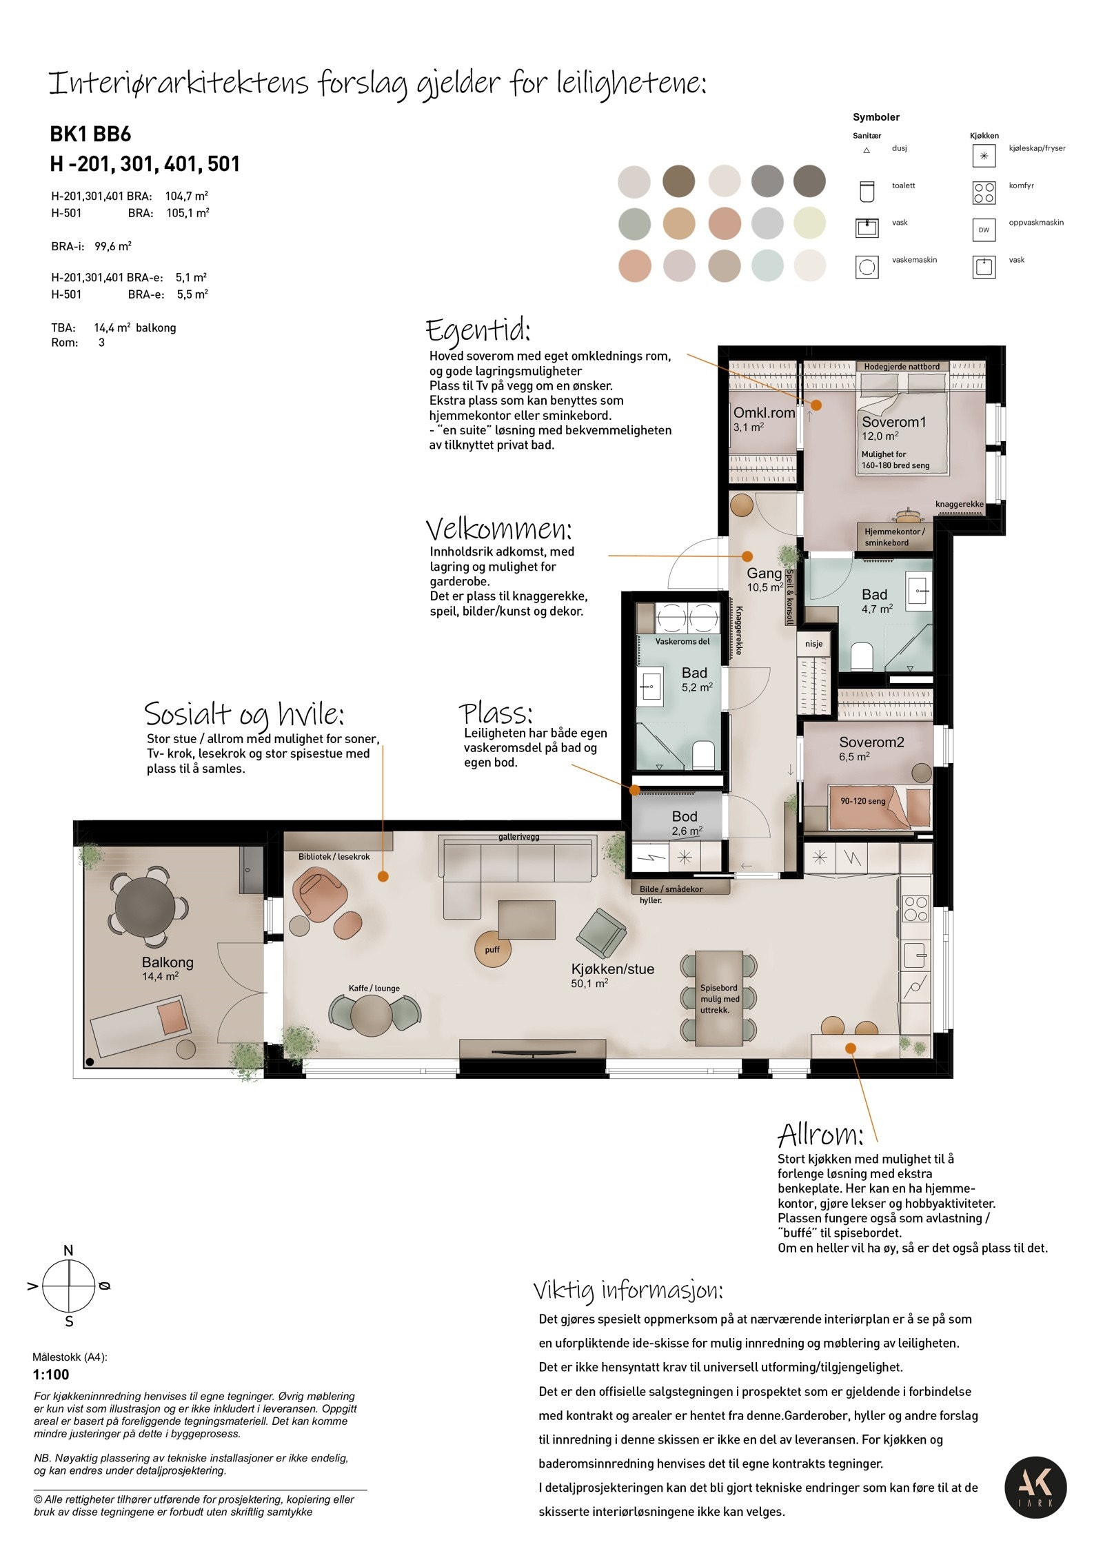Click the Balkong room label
pyautogui.click(x=168, y=962)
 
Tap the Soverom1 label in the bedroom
pyautogui.click(x=894, y=422)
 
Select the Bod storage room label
pyautogui.click(x=685, y=816)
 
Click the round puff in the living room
pyautogui.click(x=492, y=949)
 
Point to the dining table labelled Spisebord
pyautogui.click(x=719, y=997)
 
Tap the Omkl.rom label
pyautogui.click(x=764, y=413)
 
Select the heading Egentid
pyautogui.click(x=478, y=331)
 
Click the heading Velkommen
pyautogui.click(x=498, y=529)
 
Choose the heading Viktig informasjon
pyautogui.click(x=628, y=1290)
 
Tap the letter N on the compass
pyautogui.click(x=68, y=1250)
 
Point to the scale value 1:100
pyautogui.click(x=52, y=1375)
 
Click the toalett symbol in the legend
pyautogui.click(x=867, y=192)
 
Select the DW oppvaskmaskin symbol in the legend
pyautogui.click(x=984, y=230)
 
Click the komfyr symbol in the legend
pyautogui.click(x=984, y=192)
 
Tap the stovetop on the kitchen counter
pyautogui.click(x=915, y=908)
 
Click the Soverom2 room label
pyautogui.click(x=871, y=742)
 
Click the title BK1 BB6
pyautogui.click(x=90, y=134)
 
